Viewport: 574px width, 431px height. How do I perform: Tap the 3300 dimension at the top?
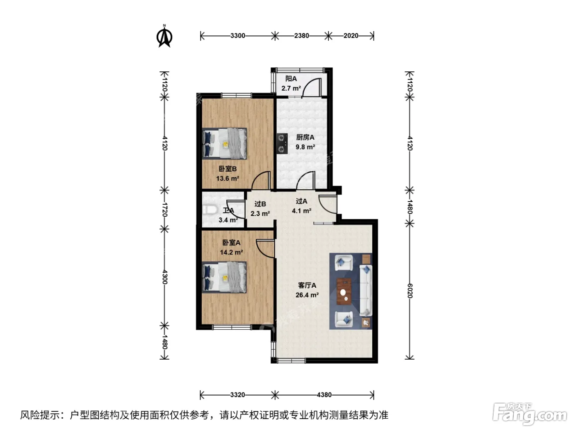tap(238, 36)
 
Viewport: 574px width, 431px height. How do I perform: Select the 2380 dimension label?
tap(301, 36)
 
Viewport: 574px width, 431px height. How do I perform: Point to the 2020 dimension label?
tap(351, 36)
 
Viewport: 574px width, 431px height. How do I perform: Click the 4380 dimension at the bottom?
tap(324, 394)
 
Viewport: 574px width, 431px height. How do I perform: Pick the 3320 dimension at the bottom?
tap(238, 394)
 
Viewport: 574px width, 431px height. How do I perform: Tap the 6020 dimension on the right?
tap(410, 291)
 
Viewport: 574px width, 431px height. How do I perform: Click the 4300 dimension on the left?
tap(164, 277)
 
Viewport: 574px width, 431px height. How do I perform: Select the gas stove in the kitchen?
tap(282, 143)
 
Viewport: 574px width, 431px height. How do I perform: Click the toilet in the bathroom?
tap(210, 209)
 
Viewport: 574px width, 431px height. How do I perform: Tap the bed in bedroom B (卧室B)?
tap(225, 143)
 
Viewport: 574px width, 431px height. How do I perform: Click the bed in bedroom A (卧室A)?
tap(224, 277)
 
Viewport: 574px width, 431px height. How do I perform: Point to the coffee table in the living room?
tap(344, 292)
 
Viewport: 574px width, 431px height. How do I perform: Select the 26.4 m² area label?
tap(307, 295)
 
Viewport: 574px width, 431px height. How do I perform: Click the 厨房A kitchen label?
tap(305, 138)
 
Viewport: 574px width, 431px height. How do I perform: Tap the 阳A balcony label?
tap(291, 78)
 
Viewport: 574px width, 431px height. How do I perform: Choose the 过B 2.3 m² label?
tap(260, 209)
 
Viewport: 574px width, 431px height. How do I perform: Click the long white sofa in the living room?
tap(366, 290)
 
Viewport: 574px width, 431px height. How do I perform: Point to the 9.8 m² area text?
tap(305, 147)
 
